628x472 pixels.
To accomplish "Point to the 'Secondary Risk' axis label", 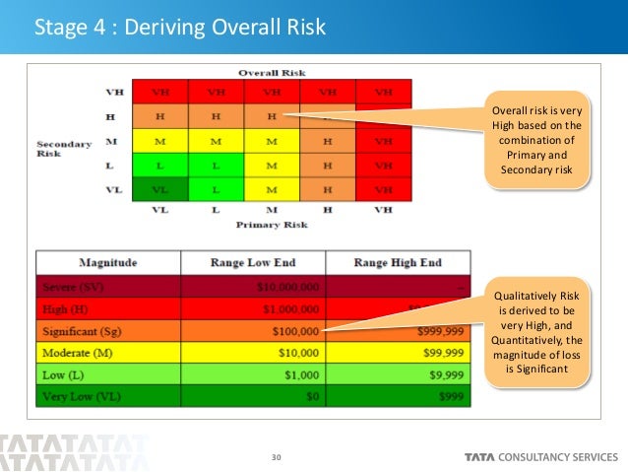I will (64, 149).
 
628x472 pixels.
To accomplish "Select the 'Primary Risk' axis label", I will (273, 226).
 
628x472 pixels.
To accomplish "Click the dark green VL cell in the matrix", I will (160, 188).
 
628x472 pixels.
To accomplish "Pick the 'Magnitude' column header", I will (108, 262).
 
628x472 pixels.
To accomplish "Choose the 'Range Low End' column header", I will (254, 262).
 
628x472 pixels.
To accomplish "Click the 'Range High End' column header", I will (398, 262).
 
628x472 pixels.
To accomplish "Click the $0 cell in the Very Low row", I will (309, 396).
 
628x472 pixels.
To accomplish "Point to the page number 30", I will (276, 456).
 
